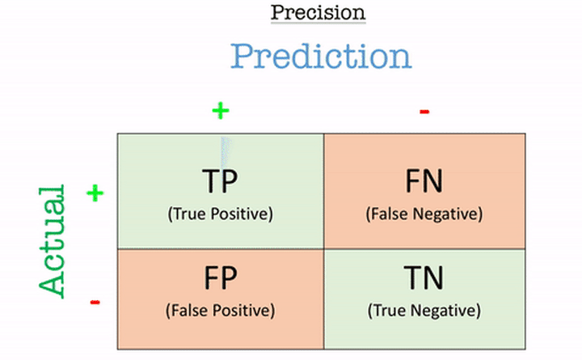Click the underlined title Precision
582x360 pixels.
tap(318, 13)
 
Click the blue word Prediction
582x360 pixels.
tap(321, 57)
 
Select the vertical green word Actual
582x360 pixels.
tap(52, 242)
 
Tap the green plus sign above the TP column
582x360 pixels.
tap(221, 111)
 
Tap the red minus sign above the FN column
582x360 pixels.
tap(424, 112)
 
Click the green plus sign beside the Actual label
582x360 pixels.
tap(95, 193)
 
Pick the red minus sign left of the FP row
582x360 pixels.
tap(95, 302)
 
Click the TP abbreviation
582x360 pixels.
tap(220, 181)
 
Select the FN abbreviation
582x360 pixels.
tap(424, 181)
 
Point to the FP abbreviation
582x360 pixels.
tap(221, 277)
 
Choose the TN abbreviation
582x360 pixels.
tap(424, 277)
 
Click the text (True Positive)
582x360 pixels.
tap(221, 214)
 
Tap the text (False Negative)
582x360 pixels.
tap(424, 214)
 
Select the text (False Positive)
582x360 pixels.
tap(221, 311)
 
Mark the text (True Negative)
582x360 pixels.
tap(424, 311)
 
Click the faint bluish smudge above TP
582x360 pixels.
tap(226, 151)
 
